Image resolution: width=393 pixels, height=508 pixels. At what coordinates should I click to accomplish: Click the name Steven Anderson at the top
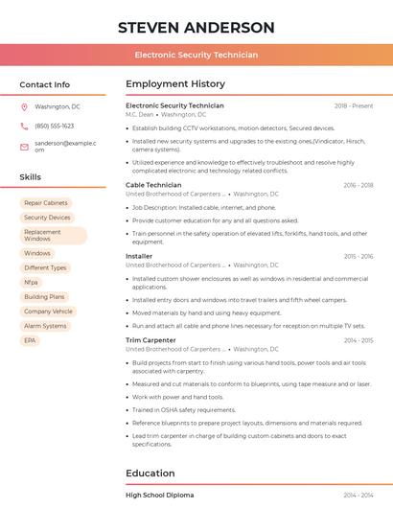click(196, 28)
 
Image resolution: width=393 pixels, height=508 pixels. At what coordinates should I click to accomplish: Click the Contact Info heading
click(44, 84)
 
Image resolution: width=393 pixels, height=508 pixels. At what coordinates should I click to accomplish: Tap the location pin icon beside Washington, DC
click(25, 107)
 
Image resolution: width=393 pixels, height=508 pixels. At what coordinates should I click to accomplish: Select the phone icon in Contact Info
click(25, 126)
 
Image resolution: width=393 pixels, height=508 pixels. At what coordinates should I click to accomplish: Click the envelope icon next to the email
click(25, 146)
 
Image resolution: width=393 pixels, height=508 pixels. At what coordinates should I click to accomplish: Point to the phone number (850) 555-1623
click(55, 126)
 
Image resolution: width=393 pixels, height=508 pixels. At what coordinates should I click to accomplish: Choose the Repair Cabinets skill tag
click(46, 203)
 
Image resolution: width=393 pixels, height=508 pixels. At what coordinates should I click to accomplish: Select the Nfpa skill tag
click(32, 283)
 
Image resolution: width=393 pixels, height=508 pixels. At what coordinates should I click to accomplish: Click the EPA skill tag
click(30, 340)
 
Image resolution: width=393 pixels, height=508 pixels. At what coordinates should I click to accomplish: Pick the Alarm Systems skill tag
click(45, 326)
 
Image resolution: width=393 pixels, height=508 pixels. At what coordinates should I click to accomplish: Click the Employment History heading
click(175, 84)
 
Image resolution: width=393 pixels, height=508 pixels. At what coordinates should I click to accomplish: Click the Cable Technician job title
click(153, 185)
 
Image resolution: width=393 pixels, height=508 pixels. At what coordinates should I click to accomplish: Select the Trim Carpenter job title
click(150, 340)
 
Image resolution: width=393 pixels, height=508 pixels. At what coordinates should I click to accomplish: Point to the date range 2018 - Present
click(354, 105)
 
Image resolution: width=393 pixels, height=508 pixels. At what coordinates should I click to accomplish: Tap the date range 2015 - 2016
click(358, 257)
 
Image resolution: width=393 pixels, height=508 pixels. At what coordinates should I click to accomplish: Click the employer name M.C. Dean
click(139, 114)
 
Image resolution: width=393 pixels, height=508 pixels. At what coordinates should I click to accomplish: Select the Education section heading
click(150, 473)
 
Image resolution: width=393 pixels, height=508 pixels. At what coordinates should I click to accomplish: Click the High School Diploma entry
click(159, 496)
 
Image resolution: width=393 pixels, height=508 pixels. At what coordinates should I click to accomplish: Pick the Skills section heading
click(31, 177)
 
